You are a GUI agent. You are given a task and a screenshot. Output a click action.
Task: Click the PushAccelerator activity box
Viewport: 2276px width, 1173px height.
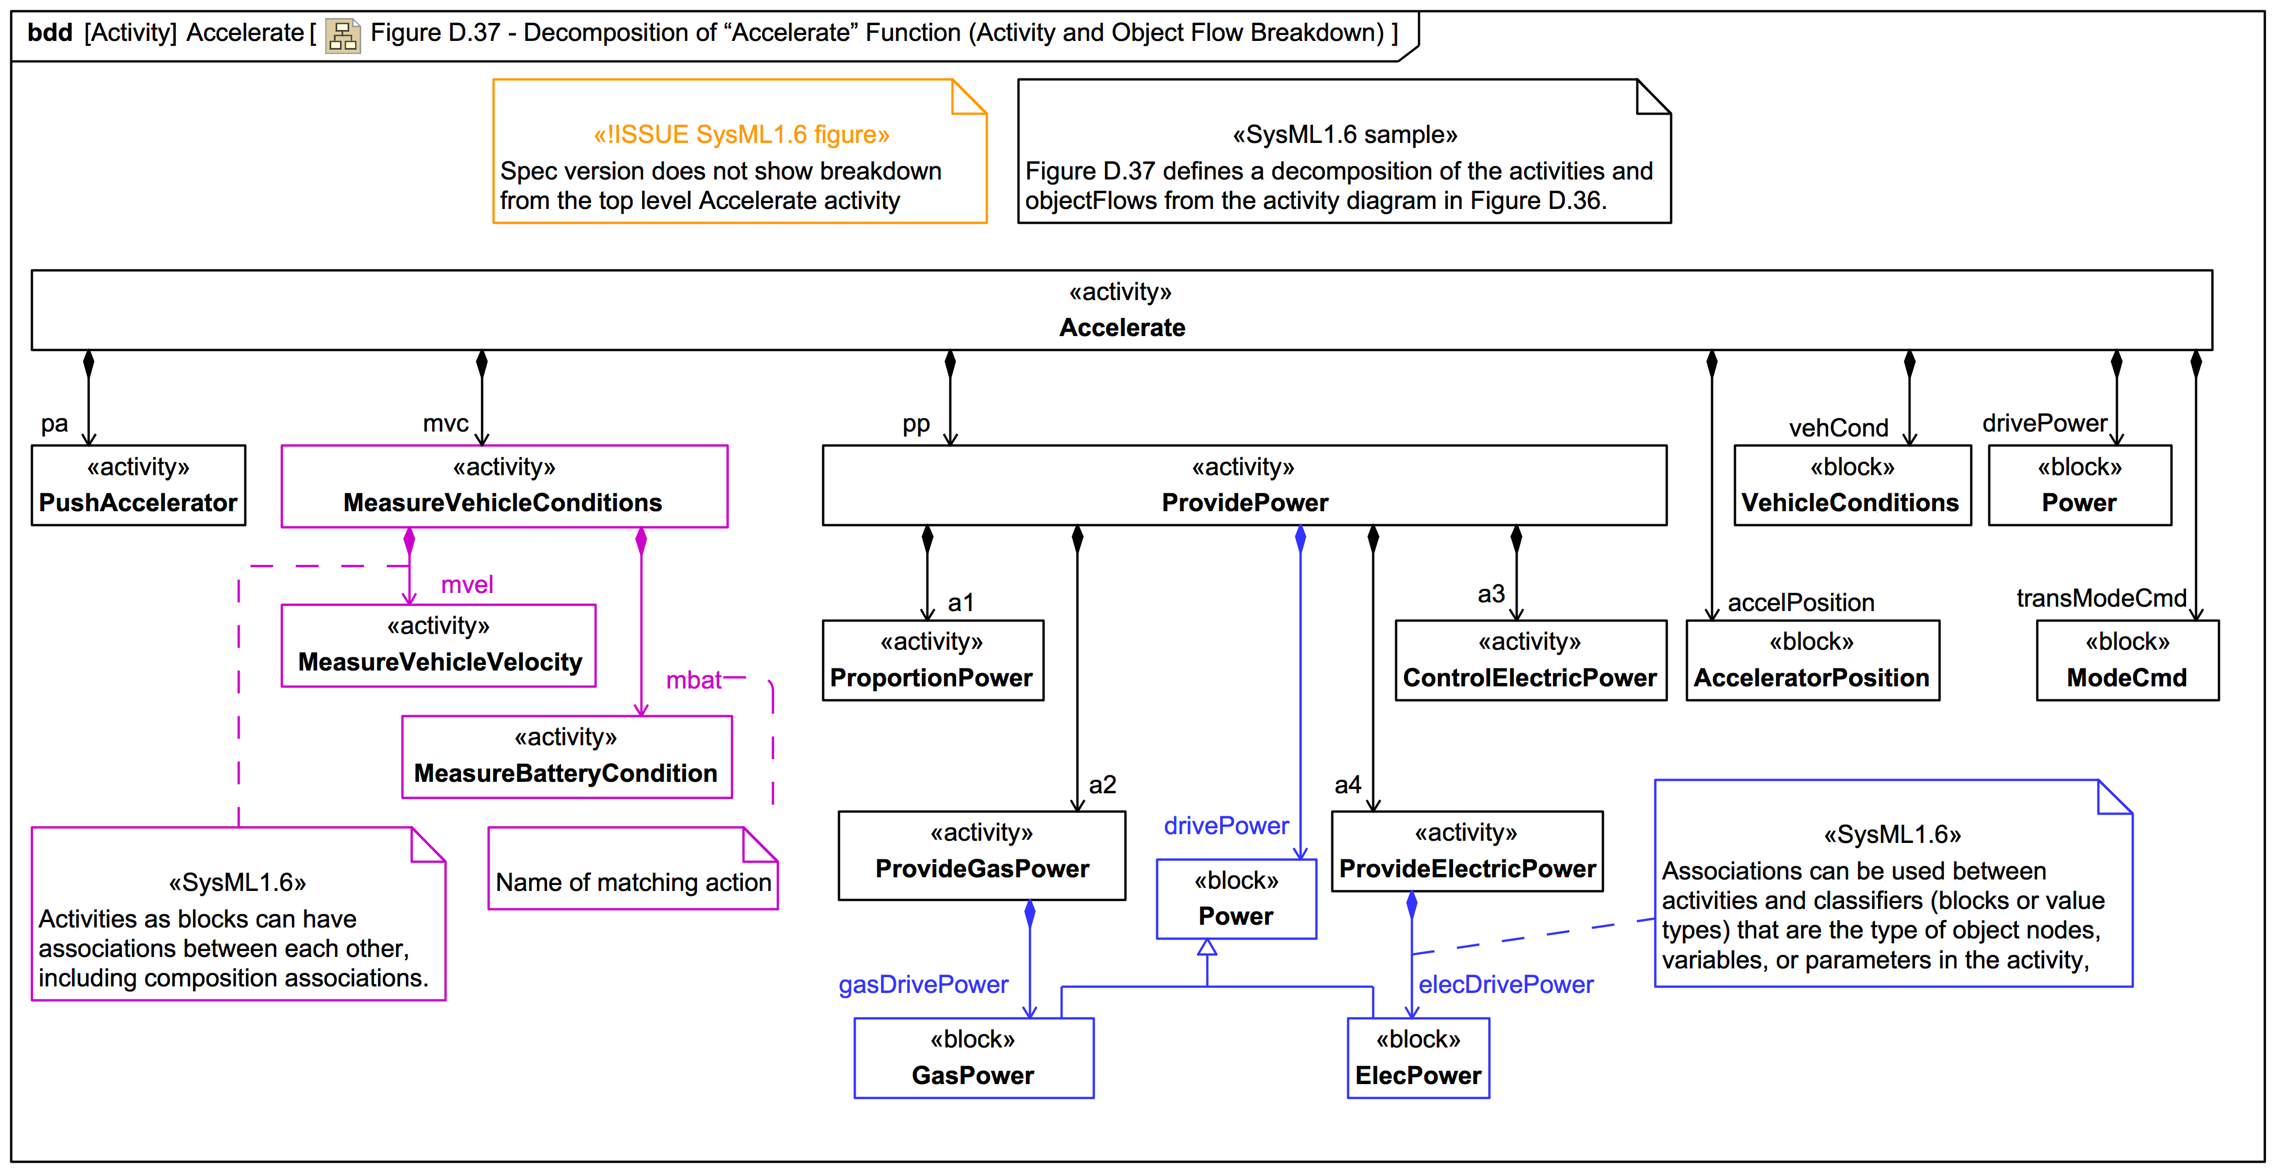pos(138,485)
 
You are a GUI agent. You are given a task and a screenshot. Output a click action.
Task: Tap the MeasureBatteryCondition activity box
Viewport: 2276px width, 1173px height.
pos(566,756)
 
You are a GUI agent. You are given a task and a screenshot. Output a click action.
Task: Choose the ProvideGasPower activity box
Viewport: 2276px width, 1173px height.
pos(982,854)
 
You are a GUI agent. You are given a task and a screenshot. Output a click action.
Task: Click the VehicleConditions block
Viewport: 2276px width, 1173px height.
pos(1852,485)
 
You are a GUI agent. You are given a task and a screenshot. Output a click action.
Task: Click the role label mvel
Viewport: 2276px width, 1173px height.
pos(467,585)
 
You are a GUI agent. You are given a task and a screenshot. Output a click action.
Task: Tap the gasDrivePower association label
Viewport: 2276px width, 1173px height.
pos(923,984)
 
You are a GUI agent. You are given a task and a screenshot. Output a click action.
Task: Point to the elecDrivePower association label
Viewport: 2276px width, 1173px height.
pos(1506,984)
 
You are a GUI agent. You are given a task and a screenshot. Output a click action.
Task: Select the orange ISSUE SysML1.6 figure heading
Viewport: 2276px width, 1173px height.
pos(740,134)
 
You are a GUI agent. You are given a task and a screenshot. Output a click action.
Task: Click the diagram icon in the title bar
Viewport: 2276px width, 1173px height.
pos(342,35)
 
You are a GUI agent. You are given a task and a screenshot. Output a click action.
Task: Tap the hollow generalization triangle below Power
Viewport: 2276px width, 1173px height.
pos(1207,948)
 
